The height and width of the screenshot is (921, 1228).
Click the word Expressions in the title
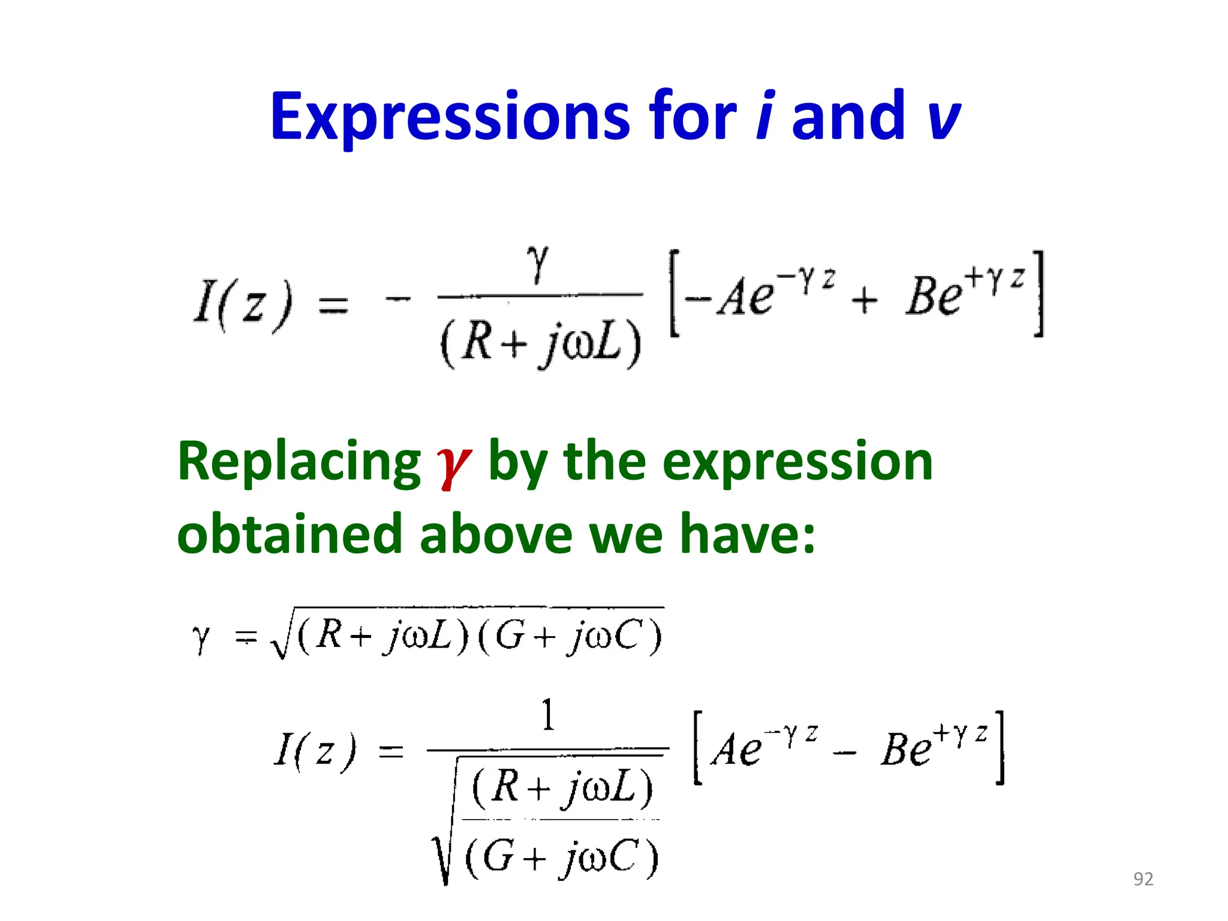pyautogui.click(x=450, y=117)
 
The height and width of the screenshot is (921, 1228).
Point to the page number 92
pyautogui.click(x=1143, y=879)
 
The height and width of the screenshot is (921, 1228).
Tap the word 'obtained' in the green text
pyautogui.click(x=290, y=534)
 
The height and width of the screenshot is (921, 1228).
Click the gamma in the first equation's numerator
pyautogui.click(x=538, y=264)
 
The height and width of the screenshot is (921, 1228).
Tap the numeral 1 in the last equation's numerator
pyautogui.click(x=548, y=715)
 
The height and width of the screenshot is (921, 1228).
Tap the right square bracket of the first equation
pyautogui.click(x=1039, y=294)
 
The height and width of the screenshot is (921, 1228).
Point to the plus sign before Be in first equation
pyautogui.click(x=864, y=299)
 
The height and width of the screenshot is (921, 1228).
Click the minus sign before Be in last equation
pyautogui.click(x=844, y=753)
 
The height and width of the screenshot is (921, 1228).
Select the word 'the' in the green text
pyautogui.click(x=605, y=462)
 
